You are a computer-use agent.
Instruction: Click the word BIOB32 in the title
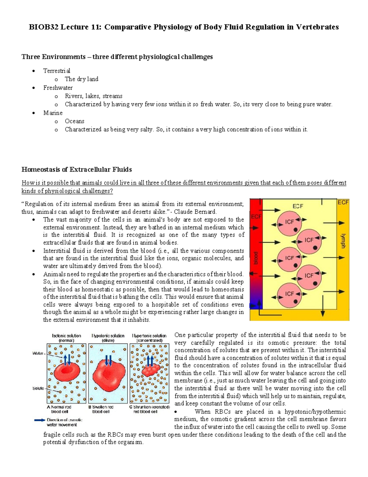point(43,27)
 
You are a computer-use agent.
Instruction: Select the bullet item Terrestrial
point(57,71)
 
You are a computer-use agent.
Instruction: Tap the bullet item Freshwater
point(58,88)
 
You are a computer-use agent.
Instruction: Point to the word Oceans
point(75,121)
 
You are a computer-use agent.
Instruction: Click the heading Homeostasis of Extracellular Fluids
point(77,170)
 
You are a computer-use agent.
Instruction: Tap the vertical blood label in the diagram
point(256,258)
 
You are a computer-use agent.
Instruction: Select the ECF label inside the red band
point(256,217)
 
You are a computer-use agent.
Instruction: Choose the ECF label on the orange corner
point(343,202)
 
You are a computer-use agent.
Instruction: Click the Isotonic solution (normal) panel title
point(67,338)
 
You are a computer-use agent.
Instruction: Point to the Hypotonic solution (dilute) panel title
point(108,338)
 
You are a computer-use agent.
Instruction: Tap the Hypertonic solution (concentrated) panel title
point(149,338)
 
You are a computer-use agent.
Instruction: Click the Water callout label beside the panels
point(38,353)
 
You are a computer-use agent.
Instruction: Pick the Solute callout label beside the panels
point(38,388)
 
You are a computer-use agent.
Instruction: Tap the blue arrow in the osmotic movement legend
point(40,420)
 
